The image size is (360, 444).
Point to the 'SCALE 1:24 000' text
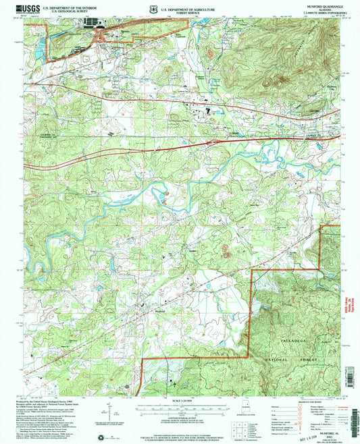point(179,402)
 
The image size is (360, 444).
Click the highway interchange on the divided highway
point(211,143)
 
